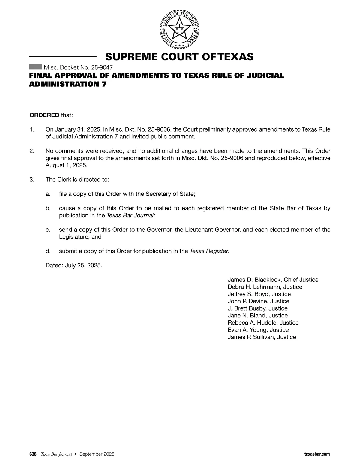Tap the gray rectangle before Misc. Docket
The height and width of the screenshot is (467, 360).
[x=35, y=67]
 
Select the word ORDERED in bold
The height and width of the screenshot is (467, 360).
[x=44, y=115]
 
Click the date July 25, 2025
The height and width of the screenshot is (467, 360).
[x=83, y=266]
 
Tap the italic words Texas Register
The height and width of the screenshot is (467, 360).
[x=209, y=251]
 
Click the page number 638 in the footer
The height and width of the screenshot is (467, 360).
[x=33, y=454]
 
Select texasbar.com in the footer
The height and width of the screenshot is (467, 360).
[x=317, y=454]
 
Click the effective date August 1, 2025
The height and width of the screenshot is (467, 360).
[x=66, y=165]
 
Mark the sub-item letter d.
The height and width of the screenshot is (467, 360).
[x=48, y=251]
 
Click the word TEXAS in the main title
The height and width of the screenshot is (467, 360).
[x=236, y=57]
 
